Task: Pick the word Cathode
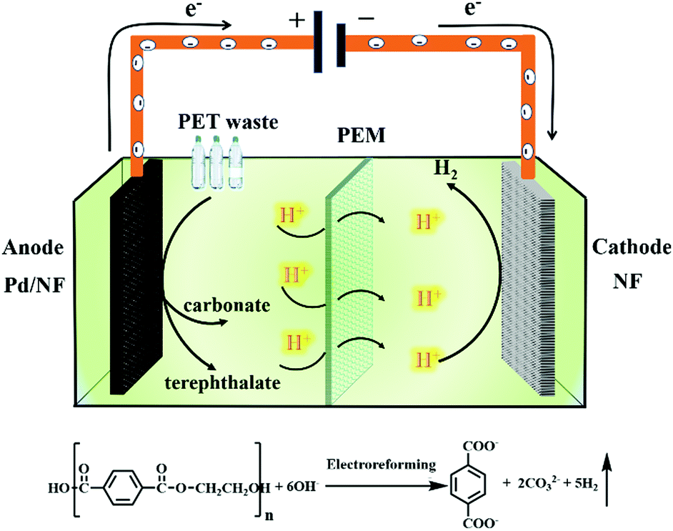632,248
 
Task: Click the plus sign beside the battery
295,19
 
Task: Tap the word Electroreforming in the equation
382,465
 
